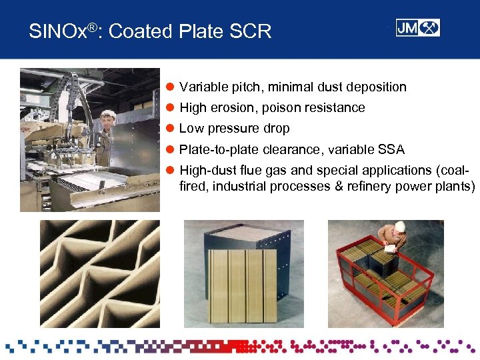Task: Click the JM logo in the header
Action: (417, 27)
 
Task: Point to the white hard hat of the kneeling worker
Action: (399, 227)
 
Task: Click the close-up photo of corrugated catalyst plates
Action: (99, 273)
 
